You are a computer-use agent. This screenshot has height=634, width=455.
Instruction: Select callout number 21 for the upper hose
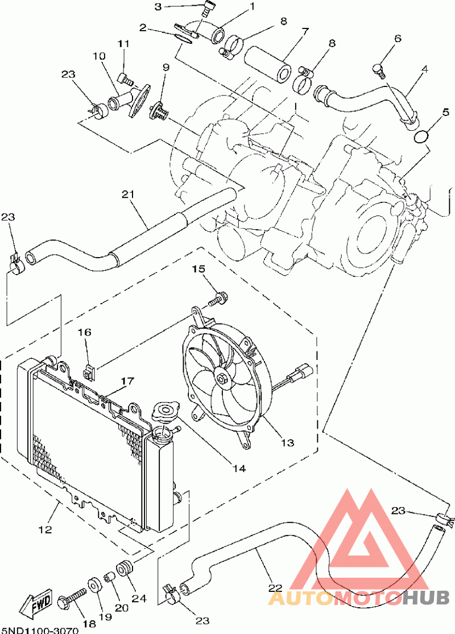(x=127, y=194)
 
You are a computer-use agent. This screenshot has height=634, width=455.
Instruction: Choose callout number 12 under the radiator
(x=44, y=529)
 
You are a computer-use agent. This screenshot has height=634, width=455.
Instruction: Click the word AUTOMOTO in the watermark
(x=336, y=597)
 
